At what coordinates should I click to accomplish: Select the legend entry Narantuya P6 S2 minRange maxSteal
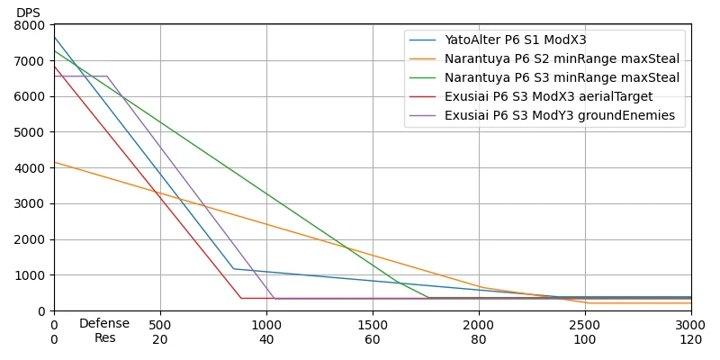pyautogui.click(x=562, y=59)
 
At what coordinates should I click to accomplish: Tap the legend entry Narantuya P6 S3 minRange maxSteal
pyautogui.click(x=562, y=78)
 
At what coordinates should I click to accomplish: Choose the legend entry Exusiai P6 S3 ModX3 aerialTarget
pyautogui.click(x=548, y=97)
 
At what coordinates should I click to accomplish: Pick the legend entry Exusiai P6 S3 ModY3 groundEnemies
pyautogui.click(x=559, y=116)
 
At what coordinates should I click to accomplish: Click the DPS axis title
pyautogui.click(x=28, y=13)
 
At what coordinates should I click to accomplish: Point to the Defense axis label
pyautogui.click(x=104, y=324)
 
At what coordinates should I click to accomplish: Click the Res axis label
pyautogui.click(x=104, y=338)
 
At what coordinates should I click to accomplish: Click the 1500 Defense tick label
pyautogui.click(x=373, y=325)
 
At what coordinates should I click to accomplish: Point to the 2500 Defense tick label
pyautogui.click(x=585, y=325)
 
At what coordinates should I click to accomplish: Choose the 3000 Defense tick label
pyautogui.click(x=691, y=325)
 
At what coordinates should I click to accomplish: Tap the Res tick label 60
pyautogui.click(x=373, y=340)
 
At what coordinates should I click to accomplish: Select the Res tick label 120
pyautogui.click(x=691, y=340)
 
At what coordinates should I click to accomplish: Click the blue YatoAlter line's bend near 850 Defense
pyautogui.click(x=234, y=268)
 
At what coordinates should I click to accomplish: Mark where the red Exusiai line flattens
pyautogui.click(x=241, y=298)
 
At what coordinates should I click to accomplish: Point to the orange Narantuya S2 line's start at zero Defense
pyautogui.click(x=54, y=162)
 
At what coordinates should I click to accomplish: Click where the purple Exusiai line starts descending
pyautogui.click(x=107, y=76)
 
